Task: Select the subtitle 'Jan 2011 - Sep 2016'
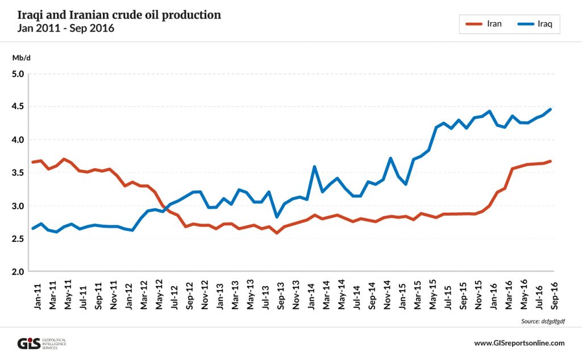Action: coord(66,28)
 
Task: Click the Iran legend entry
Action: coord(483,24)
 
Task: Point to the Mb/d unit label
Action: coord(20,57)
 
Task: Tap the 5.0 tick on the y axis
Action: coord(18,74)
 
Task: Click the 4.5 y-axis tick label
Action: coord(18,107)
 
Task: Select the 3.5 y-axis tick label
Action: coord(18,173)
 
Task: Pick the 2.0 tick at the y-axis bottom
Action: coord(18,272)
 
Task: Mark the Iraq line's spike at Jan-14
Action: coord(314,167)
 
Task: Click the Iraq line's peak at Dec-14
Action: coord(390,158)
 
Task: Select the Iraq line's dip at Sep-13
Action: coord(277,217)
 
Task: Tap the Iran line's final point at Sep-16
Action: coord(550,161)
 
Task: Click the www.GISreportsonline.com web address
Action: coord(519,343)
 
